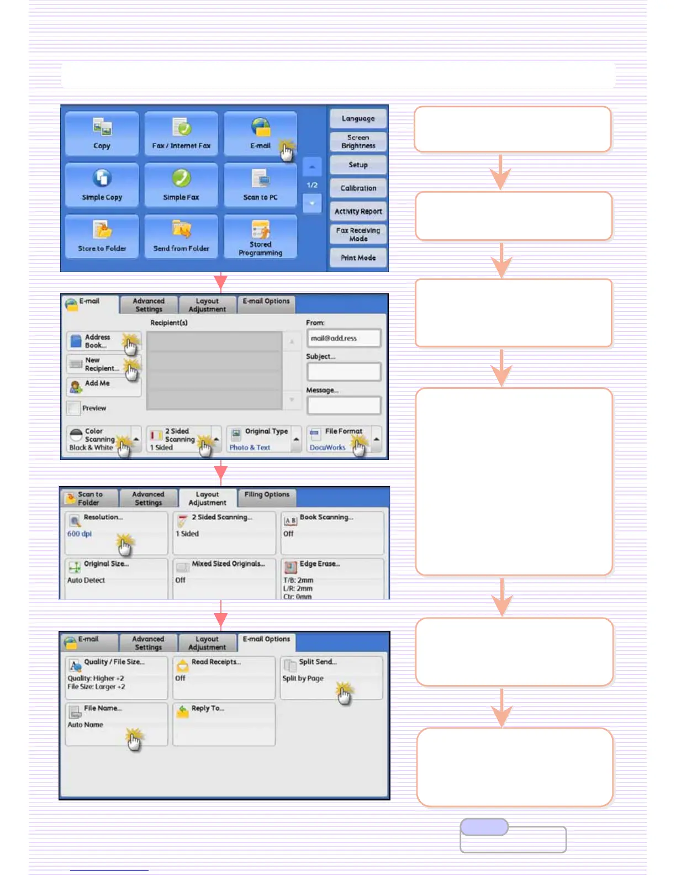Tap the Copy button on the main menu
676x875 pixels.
[x=102, y=134]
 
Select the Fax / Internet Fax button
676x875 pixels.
[x=181, y=134]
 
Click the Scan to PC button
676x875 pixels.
[x=260, y=186]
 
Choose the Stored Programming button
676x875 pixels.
[x=260, y=237]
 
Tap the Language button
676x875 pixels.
[x=358, y=119]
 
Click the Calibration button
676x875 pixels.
[x=358, y=188]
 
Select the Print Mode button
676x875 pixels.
[x=358, y=258]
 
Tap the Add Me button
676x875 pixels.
[x=103, y=386]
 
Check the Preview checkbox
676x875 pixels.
[x=73, y=408]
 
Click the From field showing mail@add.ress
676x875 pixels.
[x=344, y=338]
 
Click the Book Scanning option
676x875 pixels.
[x=332, y=533]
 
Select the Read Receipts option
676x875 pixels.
[x=224, y=677]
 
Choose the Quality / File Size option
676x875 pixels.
[x=116, y=677]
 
